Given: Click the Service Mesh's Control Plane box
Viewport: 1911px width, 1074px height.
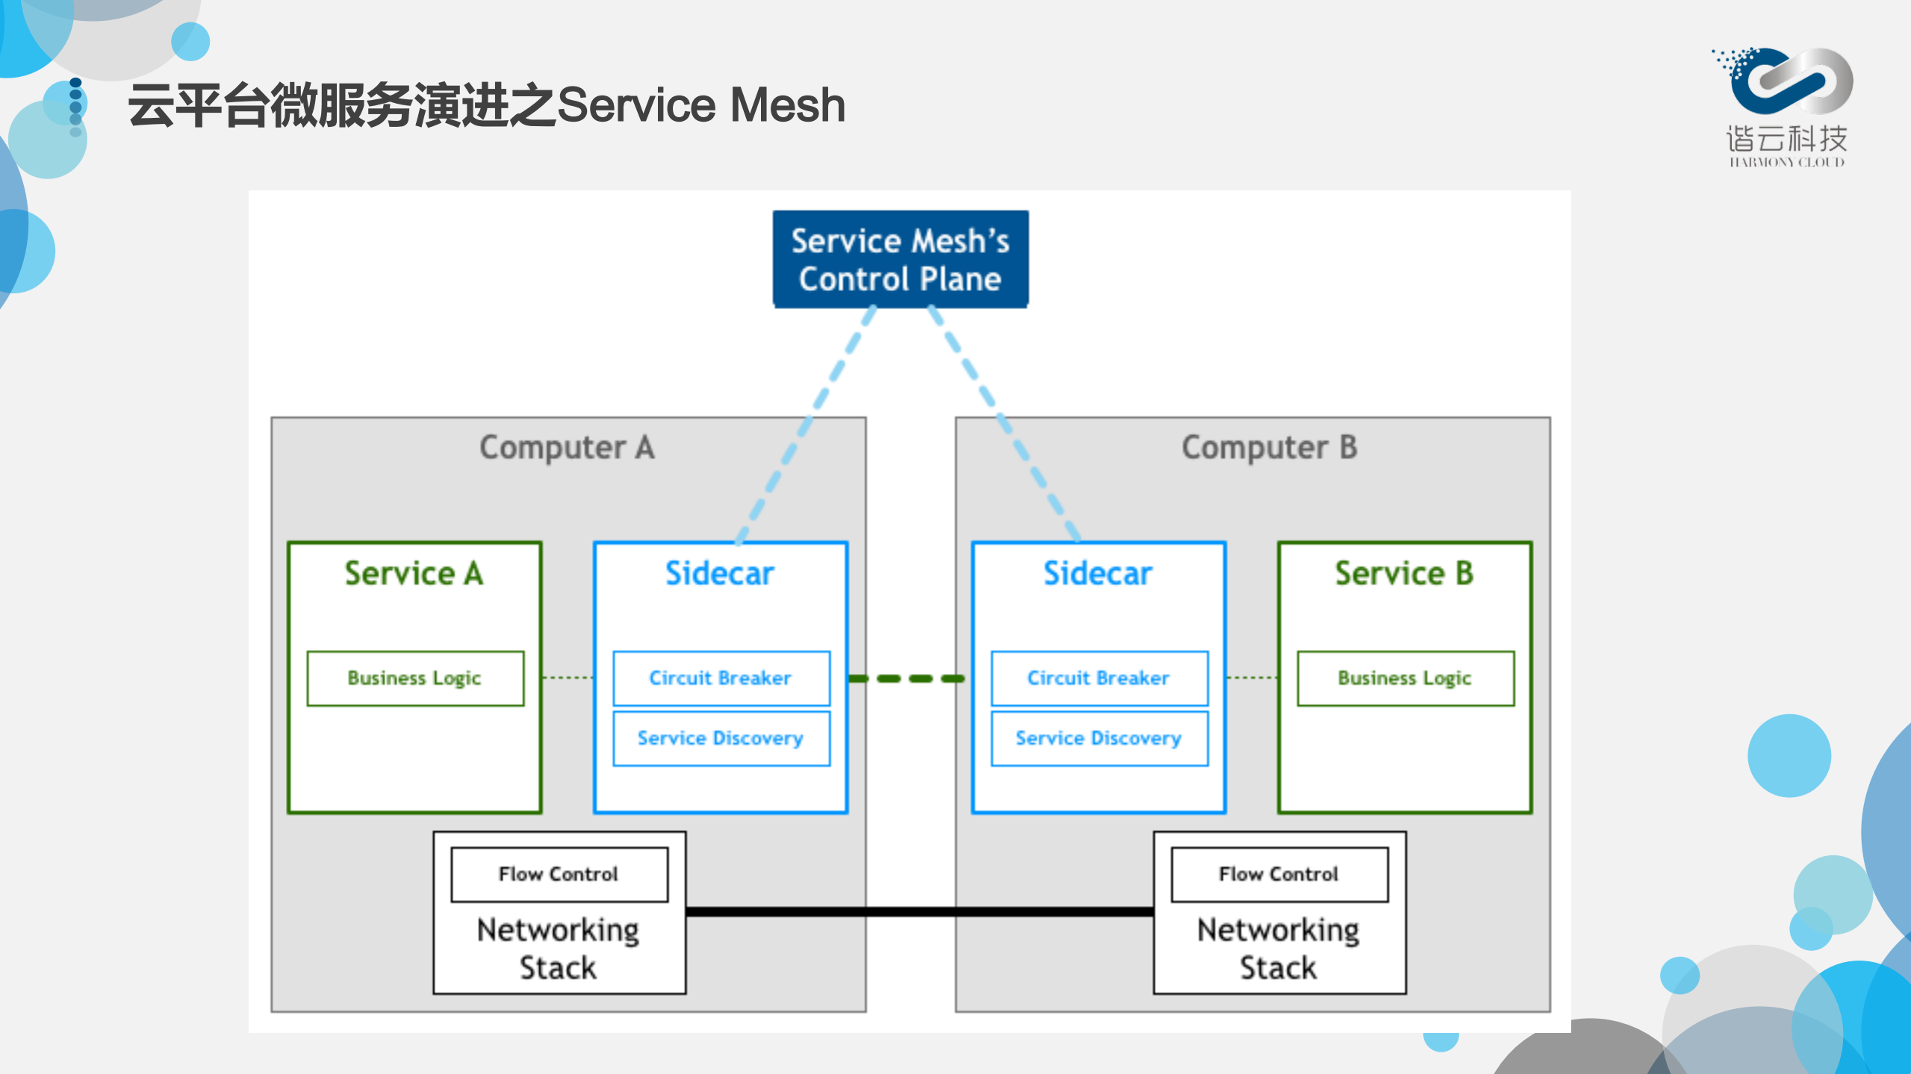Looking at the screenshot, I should pos(900,259).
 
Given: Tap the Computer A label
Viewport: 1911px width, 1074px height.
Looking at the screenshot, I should pos(567,448).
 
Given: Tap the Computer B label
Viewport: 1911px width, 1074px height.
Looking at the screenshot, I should pos(1269,448).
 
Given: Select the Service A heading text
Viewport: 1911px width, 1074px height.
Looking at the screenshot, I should pos(414,573).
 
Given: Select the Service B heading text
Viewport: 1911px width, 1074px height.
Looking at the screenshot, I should pos(1404,573).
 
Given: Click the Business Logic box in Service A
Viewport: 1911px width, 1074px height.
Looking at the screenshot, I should pos(415,678).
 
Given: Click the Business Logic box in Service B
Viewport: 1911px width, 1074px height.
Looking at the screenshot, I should pos(1405,678).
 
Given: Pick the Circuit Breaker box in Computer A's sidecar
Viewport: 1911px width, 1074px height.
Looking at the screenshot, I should pos(721,678).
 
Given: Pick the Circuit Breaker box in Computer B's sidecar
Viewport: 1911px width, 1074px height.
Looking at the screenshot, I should pos(1099,678).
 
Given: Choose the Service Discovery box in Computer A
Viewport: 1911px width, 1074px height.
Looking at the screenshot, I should pos(721,738).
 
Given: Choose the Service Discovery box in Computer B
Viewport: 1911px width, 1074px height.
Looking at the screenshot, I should pos(1099,738).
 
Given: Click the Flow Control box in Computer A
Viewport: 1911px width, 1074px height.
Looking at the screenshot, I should pos(559,874).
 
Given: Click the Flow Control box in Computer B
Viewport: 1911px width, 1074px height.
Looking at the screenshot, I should pos(1278,874).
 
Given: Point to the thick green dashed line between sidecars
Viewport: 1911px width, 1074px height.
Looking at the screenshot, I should pos(908,678).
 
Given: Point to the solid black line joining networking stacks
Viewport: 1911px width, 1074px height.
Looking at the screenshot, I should pos(919,911).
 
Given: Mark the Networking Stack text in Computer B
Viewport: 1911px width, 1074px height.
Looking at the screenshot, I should pos(1278,949).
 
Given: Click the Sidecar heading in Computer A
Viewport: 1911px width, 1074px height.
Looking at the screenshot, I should pos(720,573).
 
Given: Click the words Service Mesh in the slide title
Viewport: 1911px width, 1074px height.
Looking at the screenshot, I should pos(701,104).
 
